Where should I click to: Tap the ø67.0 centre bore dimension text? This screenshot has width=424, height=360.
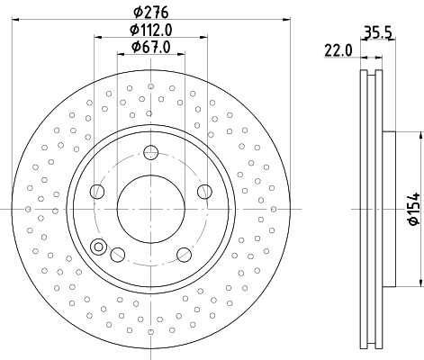click(x=150, y=47)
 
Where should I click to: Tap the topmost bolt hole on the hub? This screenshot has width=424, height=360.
click(x=150, y=153)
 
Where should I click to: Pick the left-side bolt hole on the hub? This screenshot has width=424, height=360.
click(x=96, y=191)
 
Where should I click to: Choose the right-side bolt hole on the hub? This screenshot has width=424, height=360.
click(x=204, y=191)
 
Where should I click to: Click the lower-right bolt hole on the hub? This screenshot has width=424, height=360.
click(x=184, y=254)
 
